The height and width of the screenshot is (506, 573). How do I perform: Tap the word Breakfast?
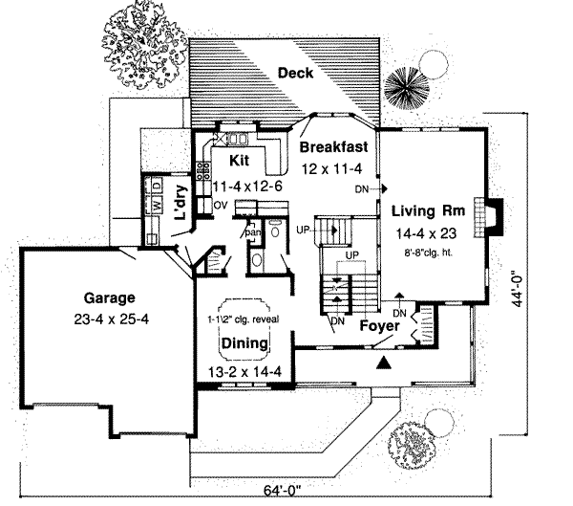334,147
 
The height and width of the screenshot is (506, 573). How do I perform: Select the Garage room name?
107,297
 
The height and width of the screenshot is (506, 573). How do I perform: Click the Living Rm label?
427,210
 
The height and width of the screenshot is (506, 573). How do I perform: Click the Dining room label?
244,341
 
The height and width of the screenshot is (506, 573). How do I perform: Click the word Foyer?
378,326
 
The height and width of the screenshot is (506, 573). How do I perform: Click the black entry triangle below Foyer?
384,362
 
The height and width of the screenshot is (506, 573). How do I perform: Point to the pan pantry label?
253,232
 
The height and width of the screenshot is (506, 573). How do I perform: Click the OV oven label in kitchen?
219,205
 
